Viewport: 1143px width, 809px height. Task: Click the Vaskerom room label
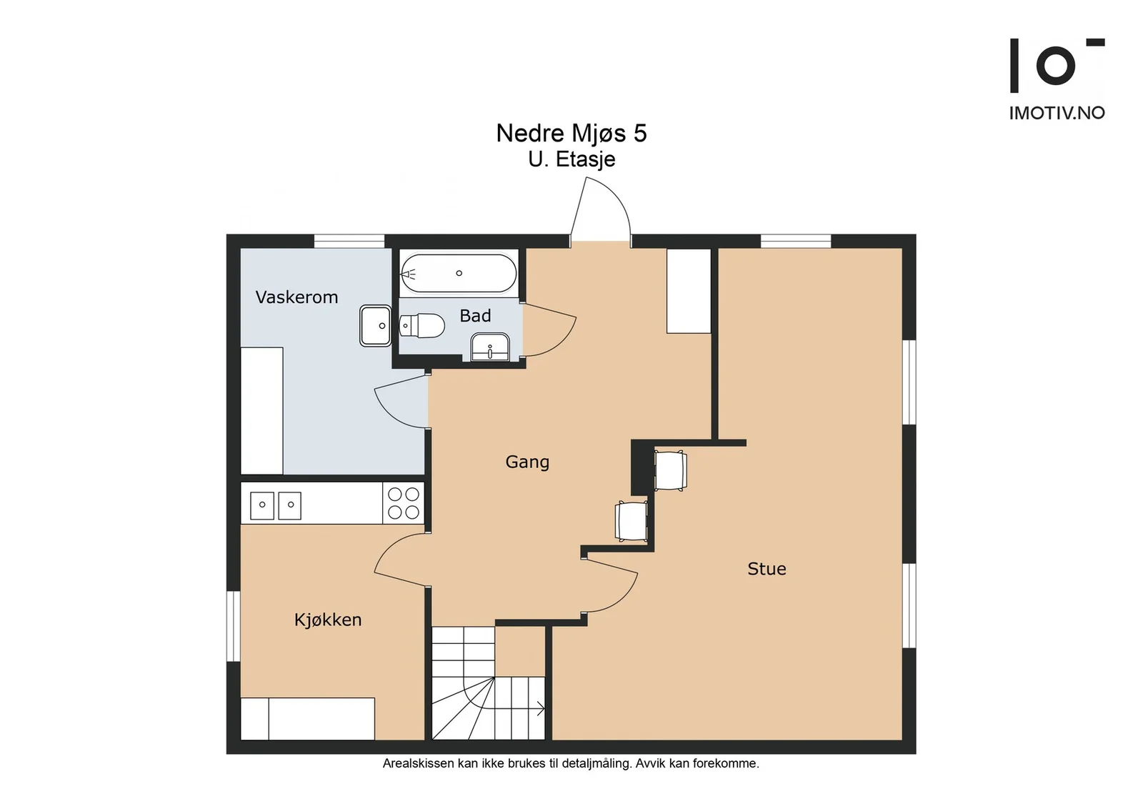click(x=296, y=297)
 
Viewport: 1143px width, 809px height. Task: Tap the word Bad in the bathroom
click(x=475, y=316)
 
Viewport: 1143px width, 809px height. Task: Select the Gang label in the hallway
click(x=527, y=462)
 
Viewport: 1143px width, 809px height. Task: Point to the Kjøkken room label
click(x=328, y=620)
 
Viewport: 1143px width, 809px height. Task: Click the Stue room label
click(x=767, y=569)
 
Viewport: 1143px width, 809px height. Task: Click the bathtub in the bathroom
click(x=459, y=274)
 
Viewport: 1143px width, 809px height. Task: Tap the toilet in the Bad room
click(x=421, y=325)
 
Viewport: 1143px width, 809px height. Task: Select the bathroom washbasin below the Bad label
click(x=490, y=347)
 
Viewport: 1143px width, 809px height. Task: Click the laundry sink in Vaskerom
click(x=376, y=326)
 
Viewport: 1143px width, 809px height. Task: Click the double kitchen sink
click(x=276, y=505)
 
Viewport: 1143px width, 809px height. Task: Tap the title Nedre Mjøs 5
click(x=571, y=133)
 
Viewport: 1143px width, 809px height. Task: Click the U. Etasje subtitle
click(x=571, y=160)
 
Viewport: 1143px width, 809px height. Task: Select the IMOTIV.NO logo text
click(x=1057, y=113)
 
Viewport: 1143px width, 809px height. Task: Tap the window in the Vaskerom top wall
click(x=349, y=242)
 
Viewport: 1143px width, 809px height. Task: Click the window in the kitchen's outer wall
click(x=233, y=626)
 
